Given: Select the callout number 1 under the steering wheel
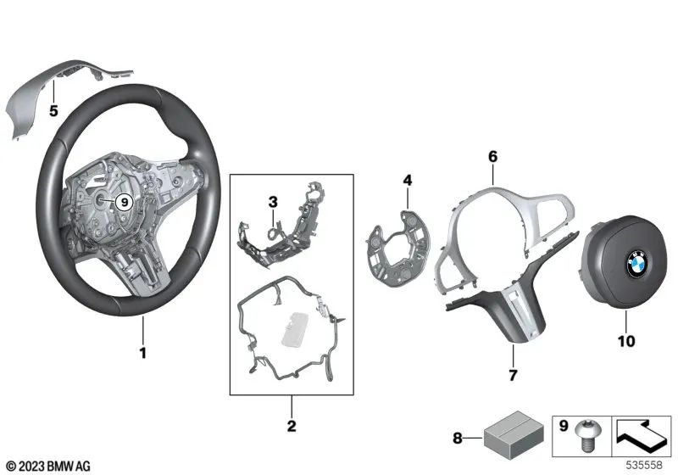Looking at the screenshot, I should pyautogui.click(x=142, y=351).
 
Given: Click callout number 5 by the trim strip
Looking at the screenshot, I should pyautogui.click(x=53, y=110).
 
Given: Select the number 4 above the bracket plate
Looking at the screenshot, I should pyautogui.click(x=407, y=180).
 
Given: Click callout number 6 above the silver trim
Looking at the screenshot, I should pyautogui.click(x=492, y=156).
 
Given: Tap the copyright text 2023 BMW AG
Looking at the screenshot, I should pyautogui.click(x=44, y=466).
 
